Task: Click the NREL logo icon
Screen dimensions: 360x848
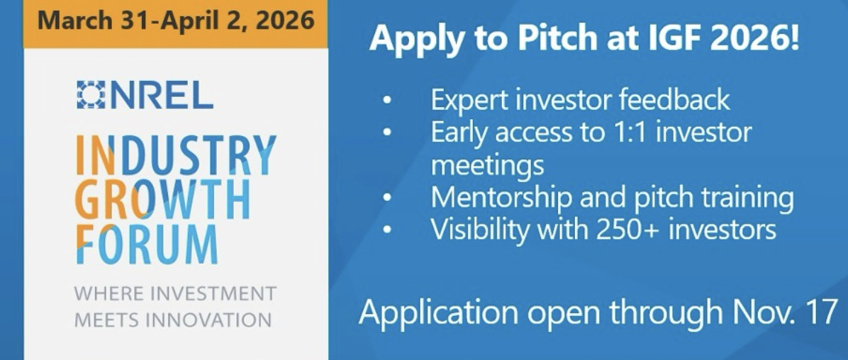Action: (x=90, y=95)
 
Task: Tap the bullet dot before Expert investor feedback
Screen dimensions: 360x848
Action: (x=387, y=101)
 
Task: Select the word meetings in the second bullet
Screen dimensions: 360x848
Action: (x=487, y=165)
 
